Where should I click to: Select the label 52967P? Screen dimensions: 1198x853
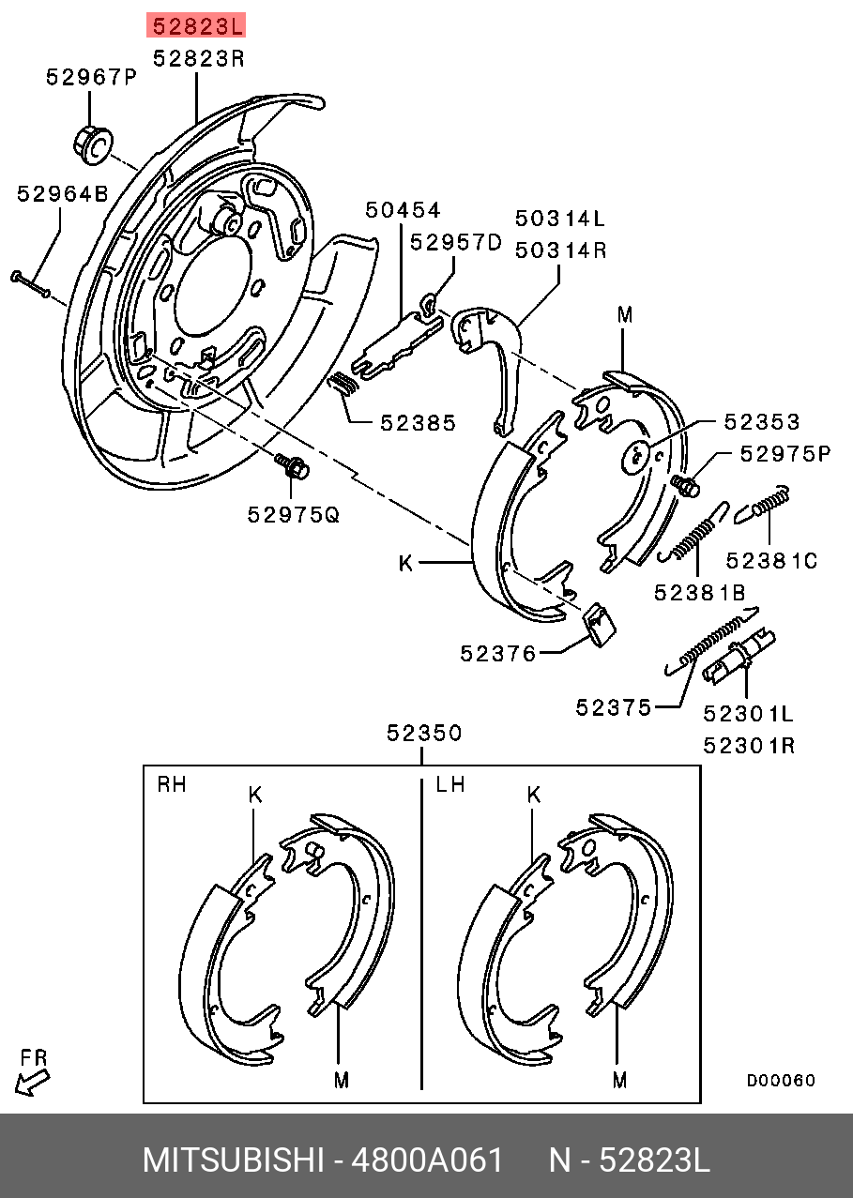(91, 78)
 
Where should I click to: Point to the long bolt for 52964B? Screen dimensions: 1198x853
(31, 283)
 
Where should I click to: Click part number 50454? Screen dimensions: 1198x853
(403, 210)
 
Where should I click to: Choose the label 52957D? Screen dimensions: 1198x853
(456, 243)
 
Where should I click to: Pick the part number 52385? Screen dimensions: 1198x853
(418, 423)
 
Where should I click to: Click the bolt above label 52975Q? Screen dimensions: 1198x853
(292, 465)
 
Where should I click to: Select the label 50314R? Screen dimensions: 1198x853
(559, 250)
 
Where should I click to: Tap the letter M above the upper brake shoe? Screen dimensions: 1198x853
(625, 315)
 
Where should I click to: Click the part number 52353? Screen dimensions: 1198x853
(761, 422)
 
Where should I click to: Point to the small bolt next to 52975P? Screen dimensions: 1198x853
(686, 485)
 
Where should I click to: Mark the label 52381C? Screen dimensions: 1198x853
(771, 561)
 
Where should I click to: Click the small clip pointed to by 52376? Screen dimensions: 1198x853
(599, 624)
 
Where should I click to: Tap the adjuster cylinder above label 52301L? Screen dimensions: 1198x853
(740, 657)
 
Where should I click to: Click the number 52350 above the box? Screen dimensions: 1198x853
(425, 734)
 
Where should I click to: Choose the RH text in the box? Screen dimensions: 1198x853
(171, 784)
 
